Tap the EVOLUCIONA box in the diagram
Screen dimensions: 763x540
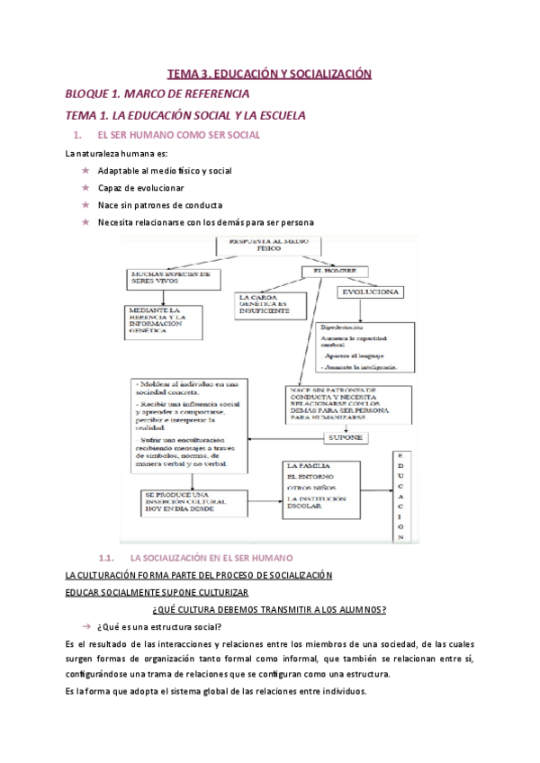pyautogui.click(x=370, y=292)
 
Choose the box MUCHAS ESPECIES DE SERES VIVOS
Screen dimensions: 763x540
pyautogui.click(x=170, y=276)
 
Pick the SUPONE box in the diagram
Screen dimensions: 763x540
pyautogui.click(x=346, y=437)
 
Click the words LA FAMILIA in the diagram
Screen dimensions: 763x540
pyautogui.click(x=304, y=465)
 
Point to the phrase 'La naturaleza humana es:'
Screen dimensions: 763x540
pyautogui.click(x=111, y=153)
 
